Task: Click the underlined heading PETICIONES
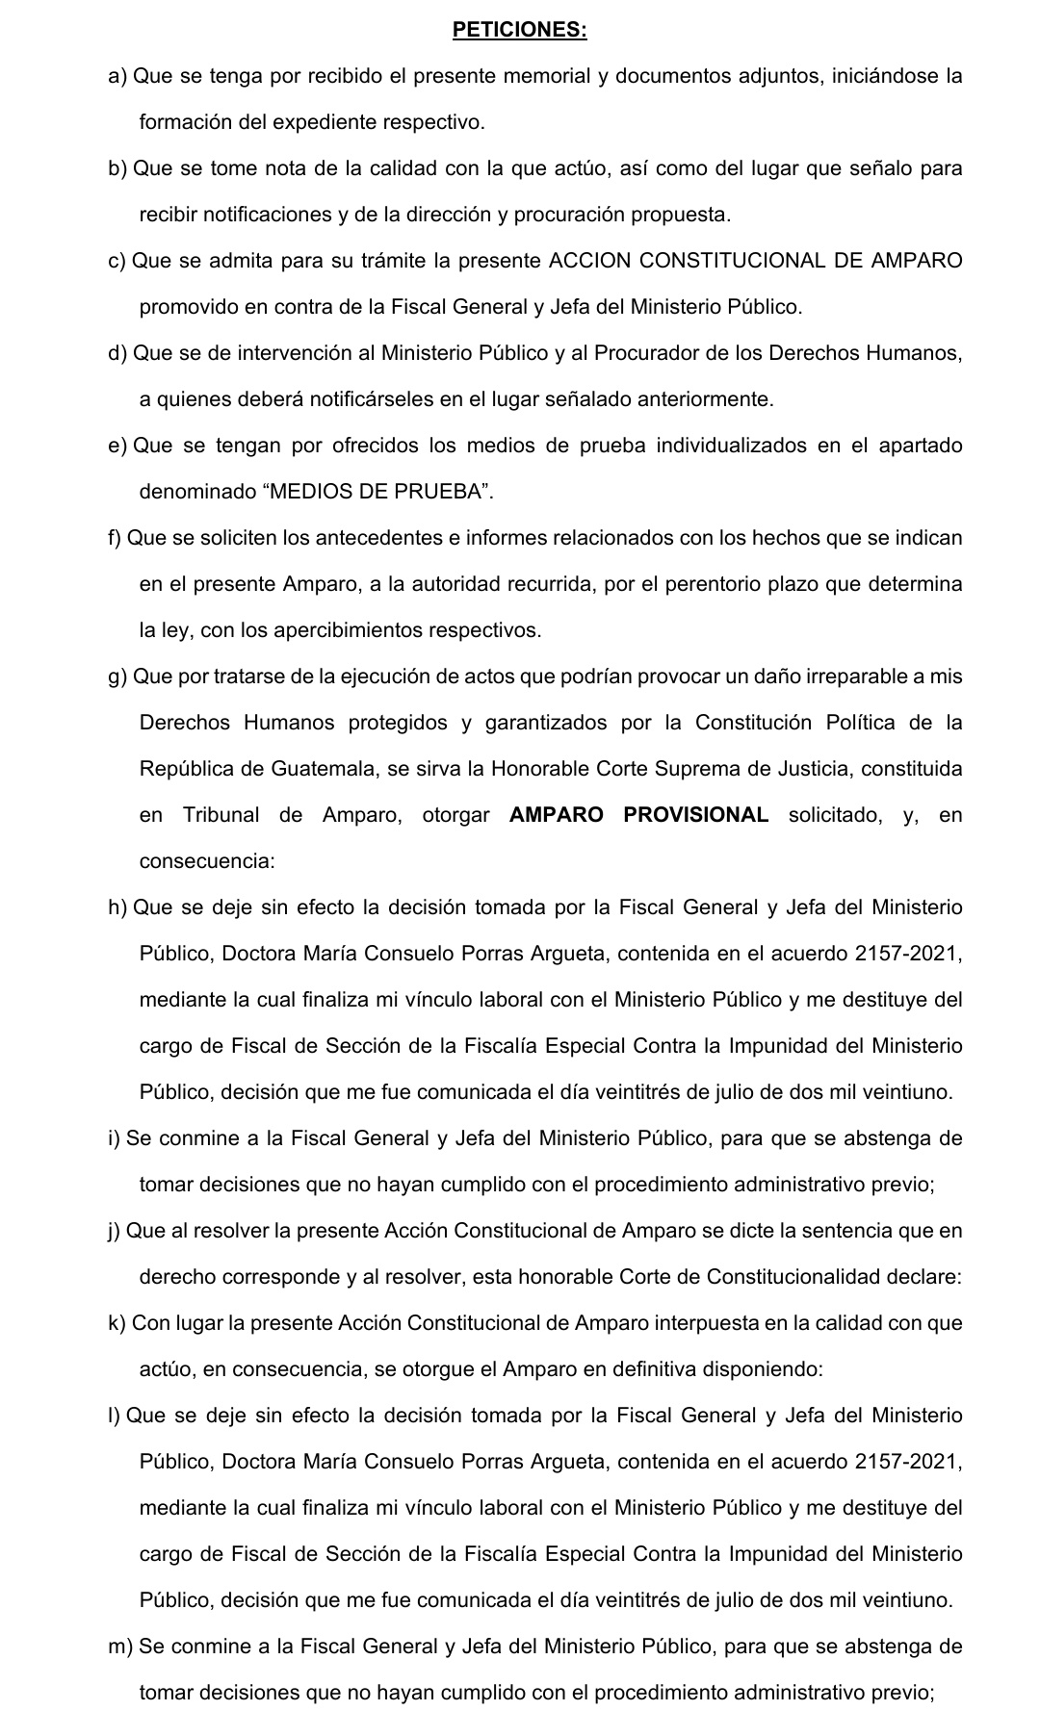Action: tap(519, 30)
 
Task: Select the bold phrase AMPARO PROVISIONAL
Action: tap(638, 815)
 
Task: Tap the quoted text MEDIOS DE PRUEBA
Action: tap(377, 492)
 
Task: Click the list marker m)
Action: tap(119, 1647)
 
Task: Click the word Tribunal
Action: tap(221, 815)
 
